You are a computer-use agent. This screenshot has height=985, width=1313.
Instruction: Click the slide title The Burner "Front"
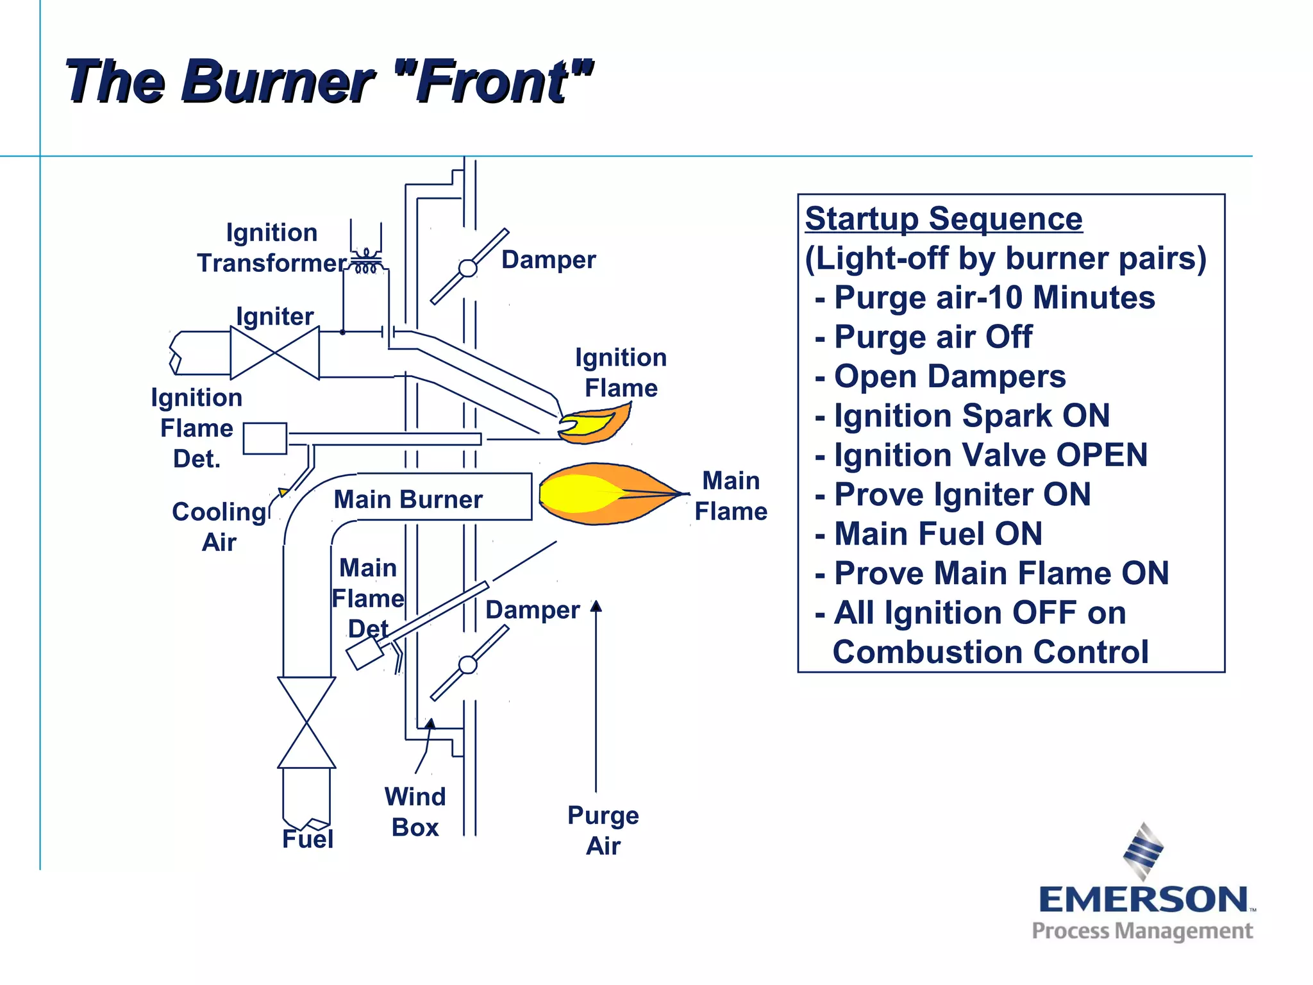[x=329, y=81]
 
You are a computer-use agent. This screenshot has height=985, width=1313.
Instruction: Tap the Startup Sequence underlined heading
[x=944, y=219]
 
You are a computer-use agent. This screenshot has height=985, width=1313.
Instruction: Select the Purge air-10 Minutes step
[x=994, y=298]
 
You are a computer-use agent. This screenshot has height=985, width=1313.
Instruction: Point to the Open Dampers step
[x=949, y=377]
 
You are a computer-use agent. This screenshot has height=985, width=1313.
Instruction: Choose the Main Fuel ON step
[x=937, y=534]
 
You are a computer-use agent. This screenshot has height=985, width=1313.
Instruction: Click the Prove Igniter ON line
[x=962, y=495]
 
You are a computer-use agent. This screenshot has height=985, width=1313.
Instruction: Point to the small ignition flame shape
[x=593, y=425]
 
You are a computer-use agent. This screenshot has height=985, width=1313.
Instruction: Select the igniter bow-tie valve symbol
[x=275, y=353]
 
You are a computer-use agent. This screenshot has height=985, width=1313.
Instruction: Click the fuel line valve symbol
[x=306, y=723]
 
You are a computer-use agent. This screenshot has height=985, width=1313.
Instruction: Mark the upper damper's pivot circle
[x=468, y=267]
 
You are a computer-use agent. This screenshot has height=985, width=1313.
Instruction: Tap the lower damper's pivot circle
[x=468, y=665]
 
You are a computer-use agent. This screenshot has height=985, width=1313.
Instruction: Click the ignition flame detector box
[x=265, y=439]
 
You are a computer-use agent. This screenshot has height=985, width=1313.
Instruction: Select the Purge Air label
[x=603, y=830]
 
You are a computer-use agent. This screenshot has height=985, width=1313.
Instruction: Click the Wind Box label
[x=415, y=812]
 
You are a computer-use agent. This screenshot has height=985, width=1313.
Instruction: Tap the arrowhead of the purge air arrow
[x=596, y=606]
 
